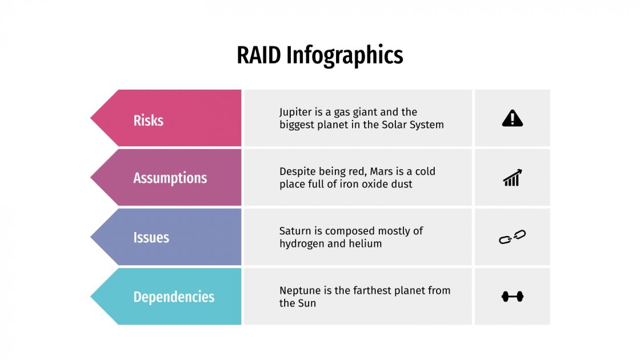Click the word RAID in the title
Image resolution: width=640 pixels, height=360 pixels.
point(259,55)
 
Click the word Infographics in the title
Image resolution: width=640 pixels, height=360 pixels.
point(345,56)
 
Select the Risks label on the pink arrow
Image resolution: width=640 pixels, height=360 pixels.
point(148,121)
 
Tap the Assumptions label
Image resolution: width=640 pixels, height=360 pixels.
point(170,178)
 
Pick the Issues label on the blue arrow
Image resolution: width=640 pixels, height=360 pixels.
point(151,237)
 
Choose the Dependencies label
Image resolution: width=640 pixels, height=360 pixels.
point(174,297)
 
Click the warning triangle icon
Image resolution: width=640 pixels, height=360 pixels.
point(512,118)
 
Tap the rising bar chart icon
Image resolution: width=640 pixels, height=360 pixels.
point(512,178)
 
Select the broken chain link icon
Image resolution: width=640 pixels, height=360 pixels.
point(512,237)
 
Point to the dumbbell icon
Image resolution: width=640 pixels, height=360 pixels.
point(512,297)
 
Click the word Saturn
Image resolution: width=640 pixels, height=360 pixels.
point(295,231)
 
